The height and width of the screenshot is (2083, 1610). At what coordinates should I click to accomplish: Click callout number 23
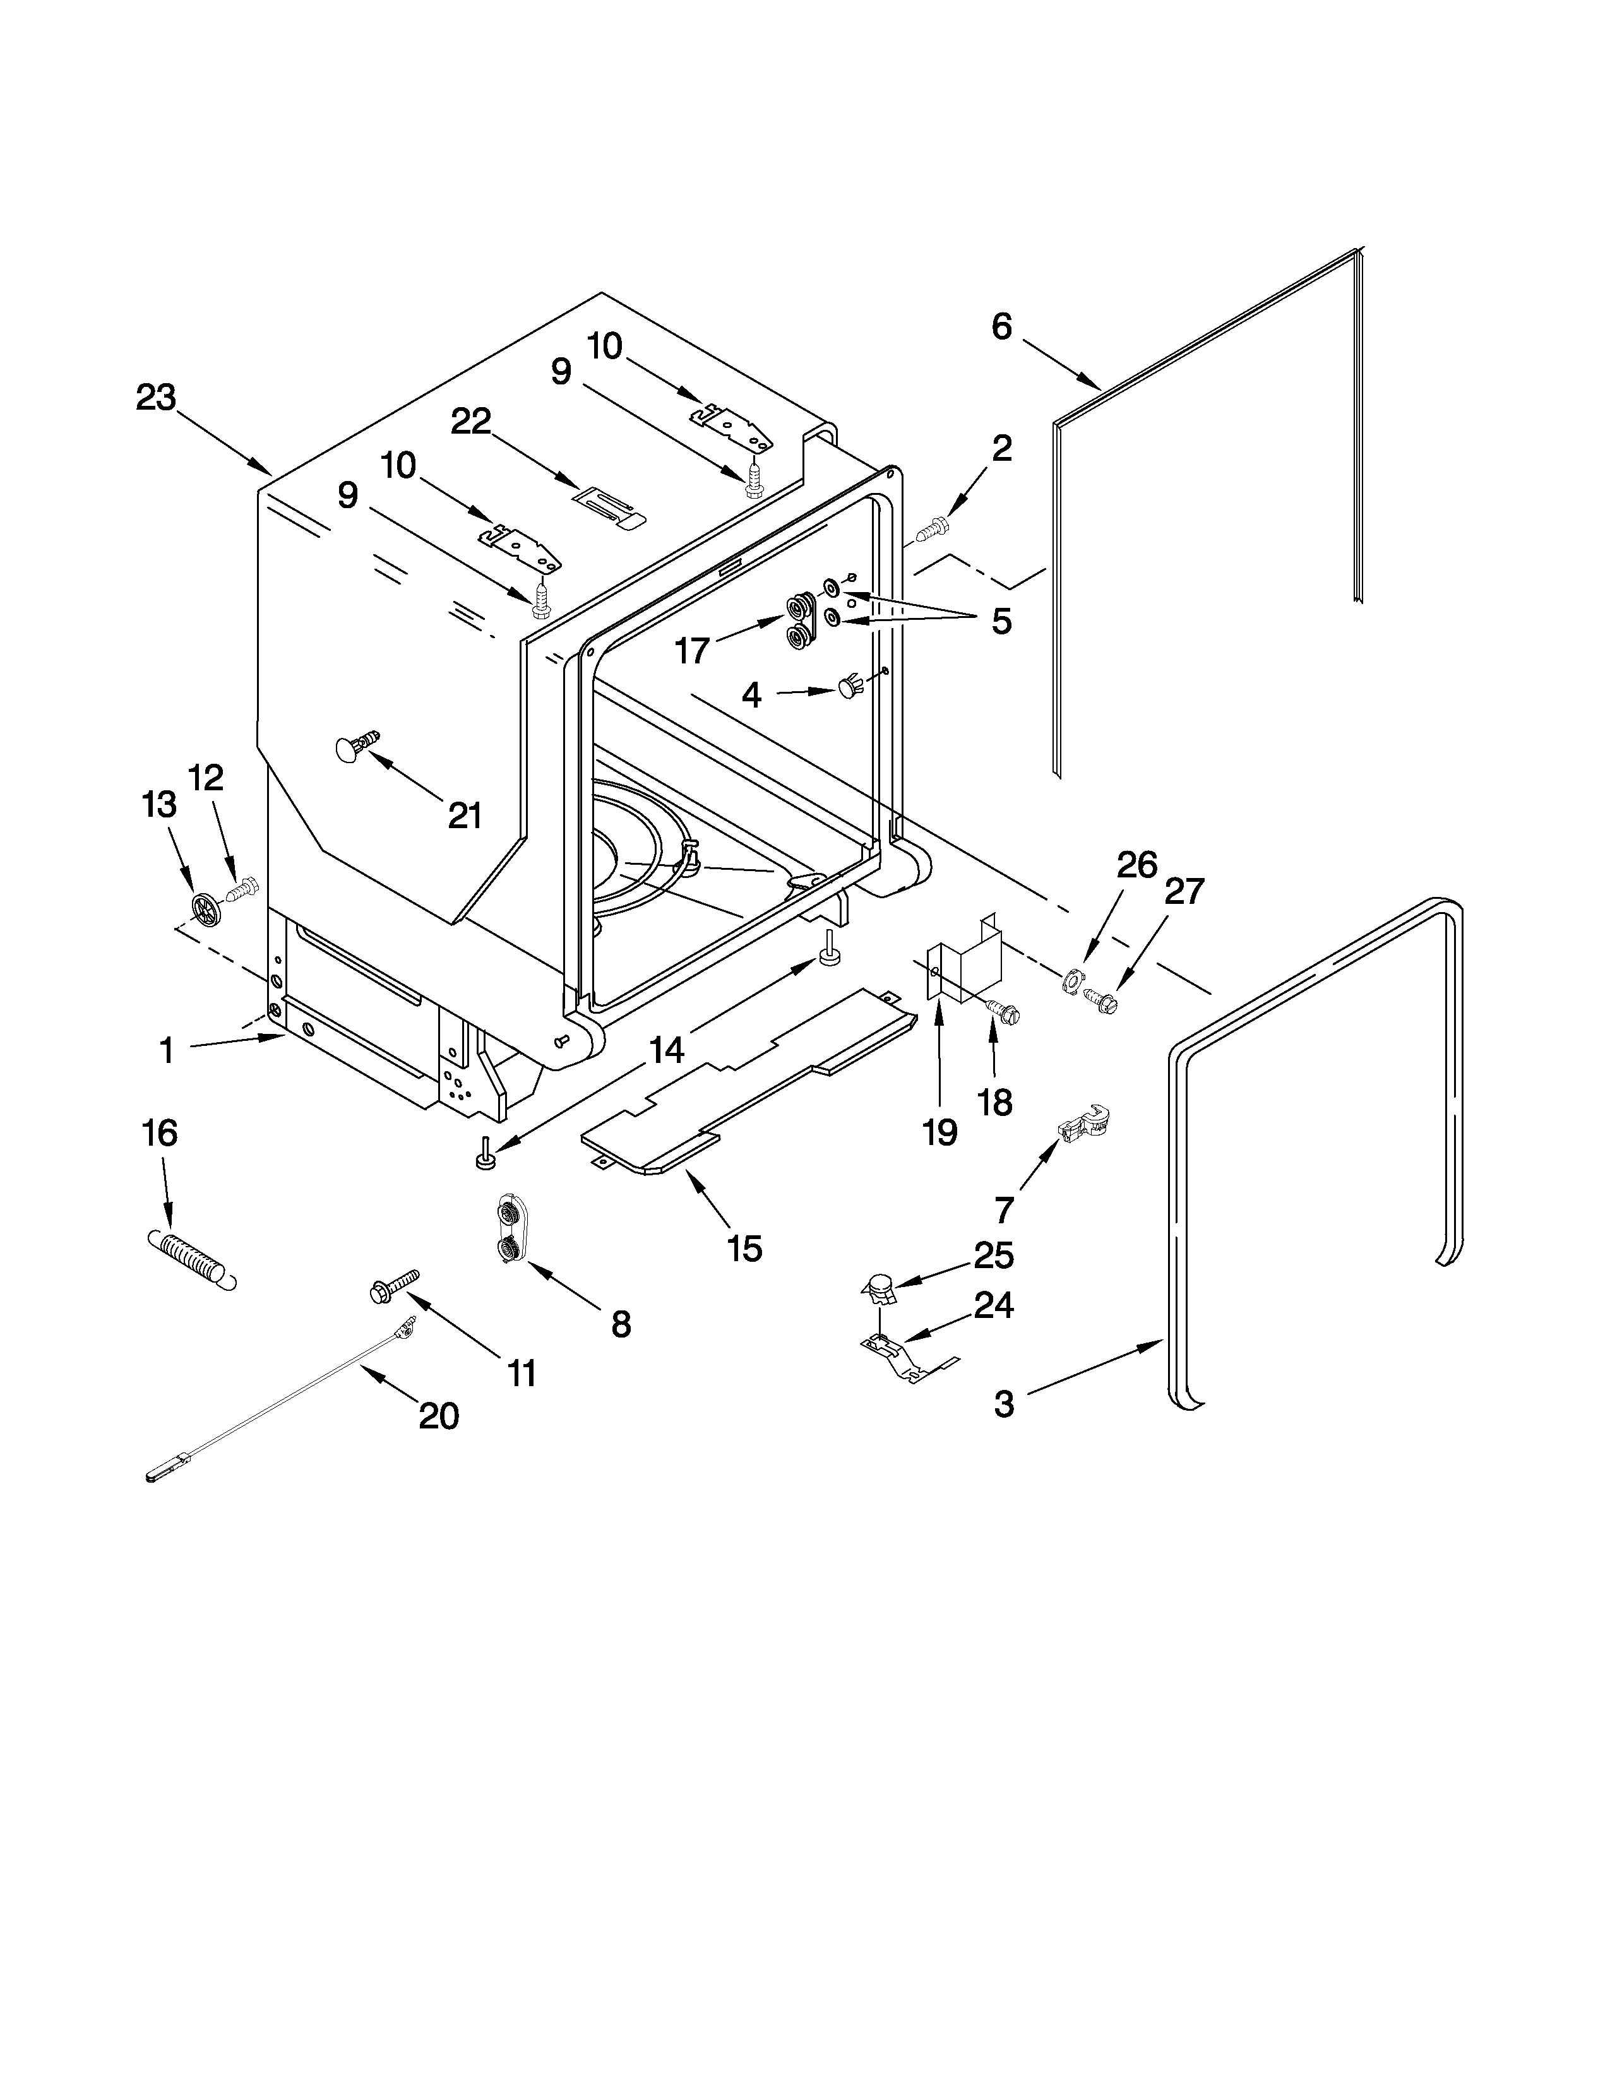coord(155,398)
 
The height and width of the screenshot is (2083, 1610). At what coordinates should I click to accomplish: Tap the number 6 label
coord(1001,326)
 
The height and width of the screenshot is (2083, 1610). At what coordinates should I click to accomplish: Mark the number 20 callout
coord(439,1415)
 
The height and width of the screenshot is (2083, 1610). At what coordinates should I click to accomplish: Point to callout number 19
coord(939,1132)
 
